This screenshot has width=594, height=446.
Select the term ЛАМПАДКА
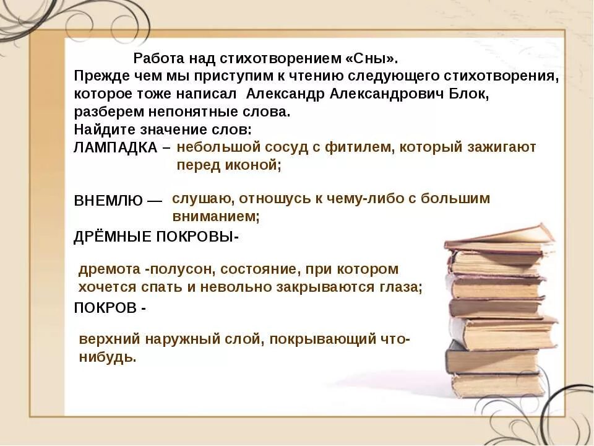tap(116, 148)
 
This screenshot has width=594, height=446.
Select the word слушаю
tap(198, 199)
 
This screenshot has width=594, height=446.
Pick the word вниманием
tap(215, 217)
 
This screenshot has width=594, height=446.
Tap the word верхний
tap(108, 339)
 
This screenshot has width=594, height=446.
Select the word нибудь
tap(106, 357)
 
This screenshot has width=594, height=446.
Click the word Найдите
tap(101, 130)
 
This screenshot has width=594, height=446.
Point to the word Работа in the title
tap(155, 59)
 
